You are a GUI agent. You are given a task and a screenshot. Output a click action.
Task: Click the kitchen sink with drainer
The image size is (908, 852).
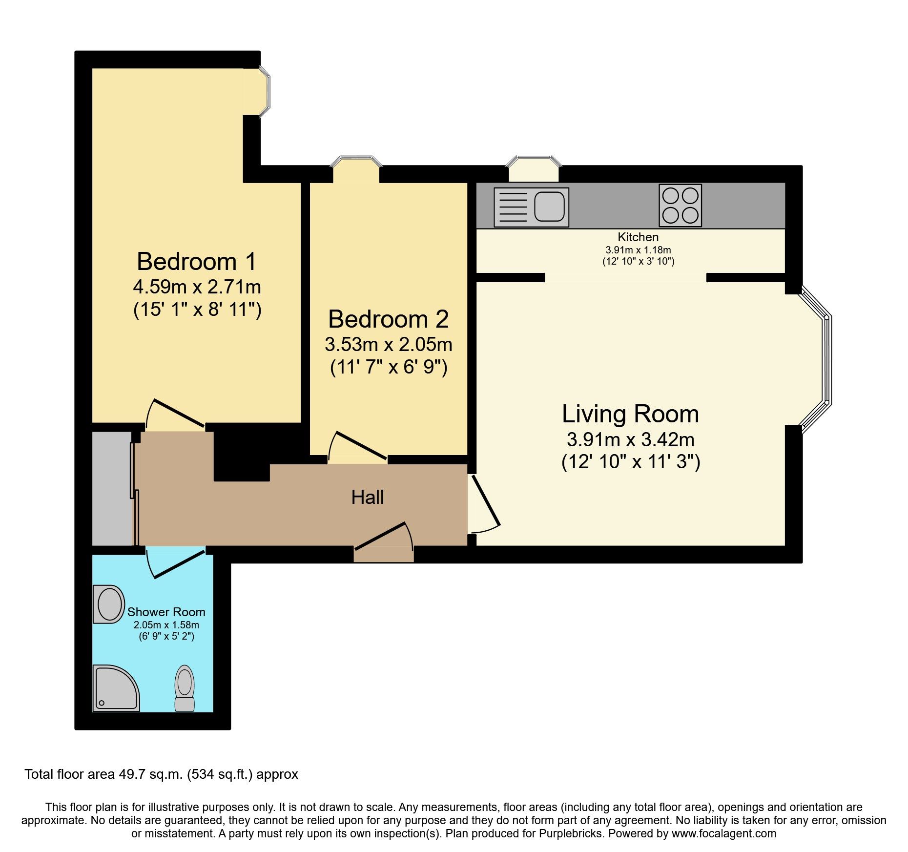(531, 207)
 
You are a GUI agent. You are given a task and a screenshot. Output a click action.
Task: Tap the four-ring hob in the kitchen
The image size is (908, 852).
(680, 205)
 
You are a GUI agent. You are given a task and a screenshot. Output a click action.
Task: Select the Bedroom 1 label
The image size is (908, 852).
(196, 261)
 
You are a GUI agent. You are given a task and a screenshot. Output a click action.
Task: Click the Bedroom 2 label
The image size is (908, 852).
(388, 319)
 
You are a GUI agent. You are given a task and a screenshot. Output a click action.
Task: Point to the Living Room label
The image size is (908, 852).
(630, 414)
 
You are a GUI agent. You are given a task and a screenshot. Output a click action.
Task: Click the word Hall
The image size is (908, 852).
(367, 498)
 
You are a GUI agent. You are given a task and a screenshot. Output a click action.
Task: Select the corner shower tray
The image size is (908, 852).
(115, 688)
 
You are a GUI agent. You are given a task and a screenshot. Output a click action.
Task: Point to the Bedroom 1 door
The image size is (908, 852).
(179, 414)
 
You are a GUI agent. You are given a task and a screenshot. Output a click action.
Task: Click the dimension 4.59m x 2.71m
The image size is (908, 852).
(197, 287)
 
